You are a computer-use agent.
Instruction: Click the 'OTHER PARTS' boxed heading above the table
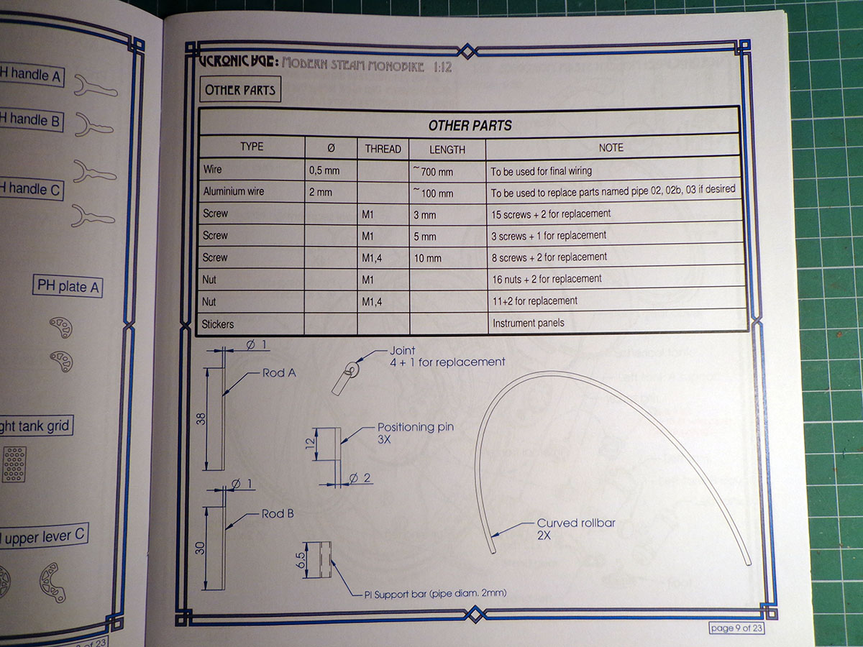click(x=239, y=91)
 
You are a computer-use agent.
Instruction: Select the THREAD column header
click(x=383, y=149)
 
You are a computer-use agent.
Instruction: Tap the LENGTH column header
click(x=447, y=150)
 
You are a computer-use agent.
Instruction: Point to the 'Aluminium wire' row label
click(x=234, y=192)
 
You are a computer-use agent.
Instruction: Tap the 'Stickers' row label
click(x=218, y=323)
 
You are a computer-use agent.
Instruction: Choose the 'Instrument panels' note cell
click(x=528, y=323)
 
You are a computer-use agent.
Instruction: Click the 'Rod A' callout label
click(x=279, y=373)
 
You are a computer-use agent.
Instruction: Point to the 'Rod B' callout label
click(x=278, y=514)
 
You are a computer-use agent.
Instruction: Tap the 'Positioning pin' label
click(x=416, y=427)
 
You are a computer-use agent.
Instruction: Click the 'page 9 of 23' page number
click(x=741, y=628)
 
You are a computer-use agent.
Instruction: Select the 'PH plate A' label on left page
click(x=68, y=286)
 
